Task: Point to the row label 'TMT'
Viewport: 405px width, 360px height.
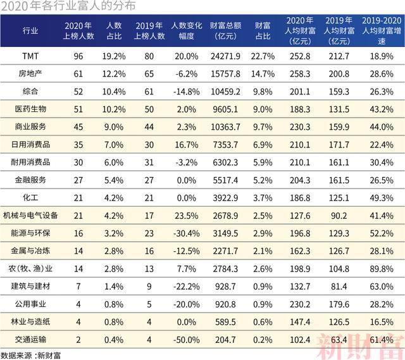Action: point(30,56)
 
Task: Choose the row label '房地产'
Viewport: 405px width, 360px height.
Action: point(30,74)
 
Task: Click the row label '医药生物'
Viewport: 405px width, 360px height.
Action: point(30,109)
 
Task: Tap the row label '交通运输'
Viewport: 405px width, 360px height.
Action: point(30,340)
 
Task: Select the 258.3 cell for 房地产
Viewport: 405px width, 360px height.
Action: point(300,74)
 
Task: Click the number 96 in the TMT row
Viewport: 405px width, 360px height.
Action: point(78,56)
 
